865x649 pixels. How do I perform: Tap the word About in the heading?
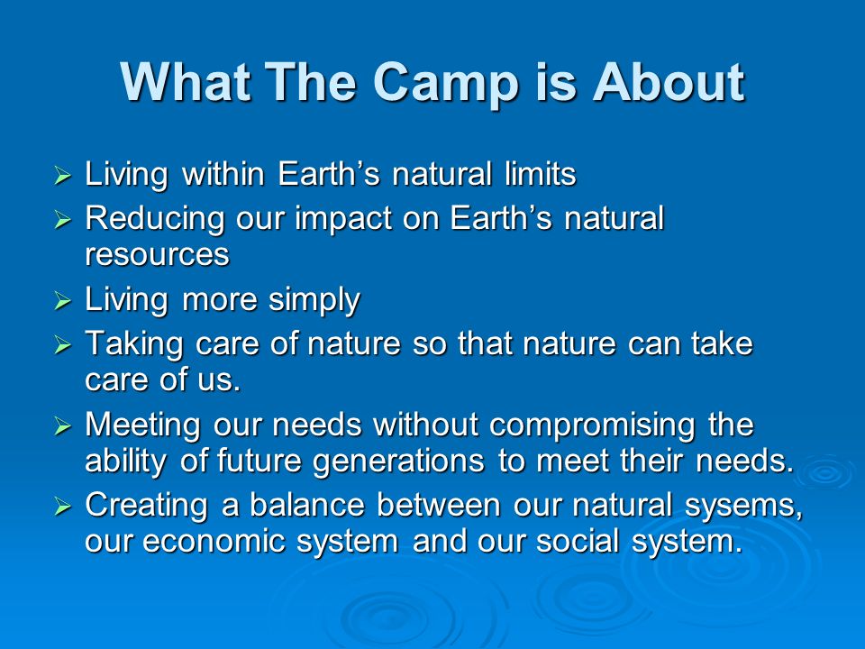tap(669, 82)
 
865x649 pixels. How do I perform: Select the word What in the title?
tap(186, 82)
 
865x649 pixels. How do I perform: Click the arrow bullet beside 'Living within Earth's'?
tap(63, 176)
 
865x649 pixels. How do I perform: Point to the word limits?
tap(540, 173)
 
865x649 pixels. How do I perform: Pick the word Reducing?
tap(154, 219)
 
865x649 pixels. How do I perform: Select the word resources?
tap(157, 254)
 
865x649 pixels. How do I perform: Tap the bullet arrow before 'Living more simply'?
tap(63, 301)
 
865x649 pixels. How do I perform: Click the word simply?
tap(314, 301)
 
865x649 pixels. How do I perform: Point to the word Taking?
tap(133, 344)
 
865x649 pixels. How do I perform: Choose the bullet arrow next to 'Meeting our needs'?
tap(63, 426)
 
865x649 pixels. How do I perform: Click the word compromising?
tap(591, 426)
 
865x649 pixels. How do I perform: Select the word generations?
tap(398, 462)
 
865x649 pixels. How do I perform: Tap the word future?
tap(259, 461)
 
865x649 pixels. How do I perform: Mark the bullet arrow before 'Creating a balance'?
tap(63, 506)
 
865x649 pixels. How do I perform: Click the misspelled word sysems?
tap(743, 507)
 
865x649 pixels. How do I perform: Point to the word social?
tap(578, 540)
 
